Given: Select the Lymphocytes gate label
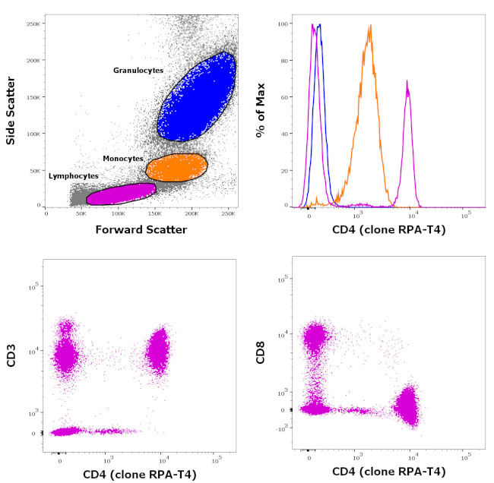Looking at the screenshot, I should click(73, 175).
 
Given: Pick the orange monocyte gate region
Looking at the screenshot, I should click(176, 166).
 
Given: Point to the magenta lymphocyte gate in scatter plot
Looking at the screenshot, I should click(120, 194).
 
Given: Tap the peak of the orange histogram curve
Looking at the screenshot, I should click(369, 27).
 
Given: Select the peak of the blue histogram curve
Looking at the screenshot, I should click(320, 25).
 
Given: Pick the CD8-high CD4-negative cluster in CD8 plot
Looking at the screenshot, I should click(314, 338).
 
